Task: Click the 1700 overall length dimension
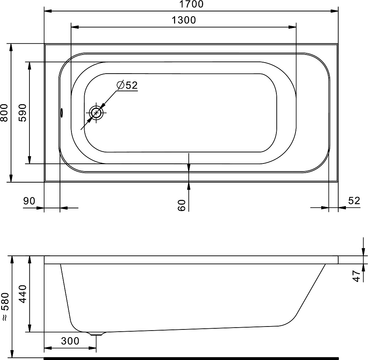(x=191, y=4)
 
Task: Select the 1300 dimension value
(x=184, y=20)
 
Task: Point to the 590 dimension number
(x=22, y=113)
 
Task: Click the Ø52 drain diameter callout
(x=127, y=85)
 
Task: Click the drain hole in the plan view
(x=96, y=113)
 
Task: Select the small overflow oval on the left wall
(x=62, y=113)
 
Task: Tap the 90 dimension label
(x=29, y=201)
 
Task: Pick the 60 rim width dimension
(x=182, y=205)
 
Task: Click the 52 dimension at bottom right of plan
(x=354, y=201)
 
